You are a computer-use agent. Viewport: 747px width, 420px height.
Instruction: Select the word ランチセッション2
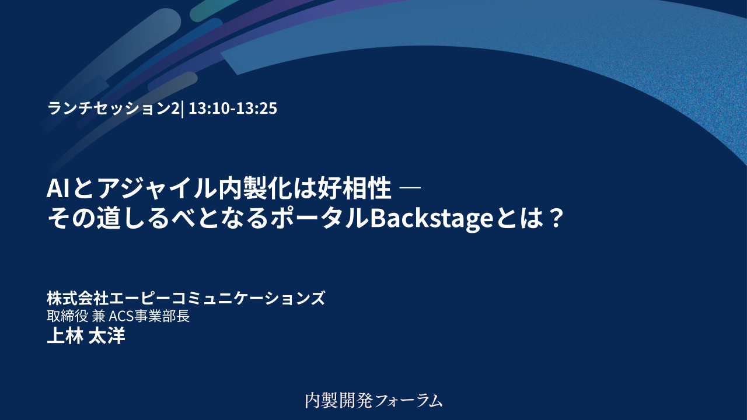coord(113,108)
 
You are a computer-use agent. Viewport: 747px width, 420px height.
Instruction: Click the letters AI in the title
coord(58,188)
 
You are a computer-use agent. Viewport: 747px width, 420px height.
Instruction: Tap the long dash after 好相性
coord(409,188)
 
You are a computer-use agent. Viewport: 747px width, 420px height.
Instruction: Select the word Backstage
coord(431,219)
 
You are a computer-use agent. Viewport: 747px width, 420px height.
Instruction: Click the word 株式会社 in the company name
coord(78,297)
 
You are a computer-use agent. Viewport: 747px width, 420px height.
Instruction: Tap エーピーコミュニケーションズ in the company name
coord(217,297)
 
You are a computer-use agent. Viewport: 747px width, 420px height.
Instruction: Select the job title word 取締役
coord(67,316)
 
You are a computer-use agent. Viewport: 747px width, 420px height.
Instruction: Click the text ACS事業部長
coord(149,316)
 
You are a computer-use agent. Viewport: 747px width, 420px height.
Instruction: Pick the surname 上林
coord(65,335)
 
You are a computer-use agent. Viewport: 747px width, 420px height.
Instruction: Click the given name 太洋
coord(107,335)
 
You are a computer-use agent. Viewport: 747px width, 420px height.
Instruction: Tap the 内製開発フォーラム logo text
coord(373,400)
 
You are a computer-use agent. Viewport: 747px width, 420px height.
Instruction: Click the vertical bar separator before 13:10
coord(182,109)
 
